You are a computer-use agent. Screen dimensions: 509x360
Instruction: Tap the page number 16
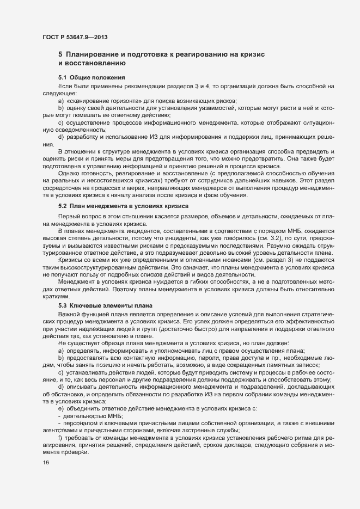46,463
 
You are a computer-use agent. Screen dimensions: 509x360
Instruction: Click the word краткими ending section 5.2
56,296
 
